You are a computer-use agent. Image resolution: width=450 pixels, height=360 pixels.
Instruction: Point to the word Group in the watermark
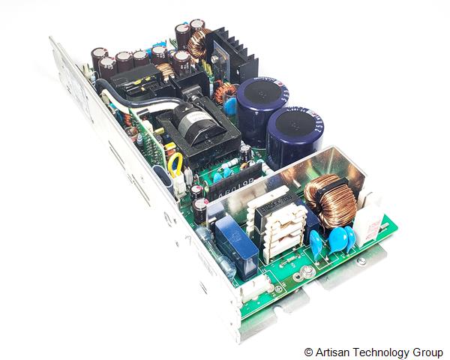pyautogui.click(x=426, y=351)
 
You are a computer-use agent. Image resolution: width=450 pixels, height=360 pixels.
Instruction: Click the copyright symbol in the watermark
pyautogui.click(x=308, y=351)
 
